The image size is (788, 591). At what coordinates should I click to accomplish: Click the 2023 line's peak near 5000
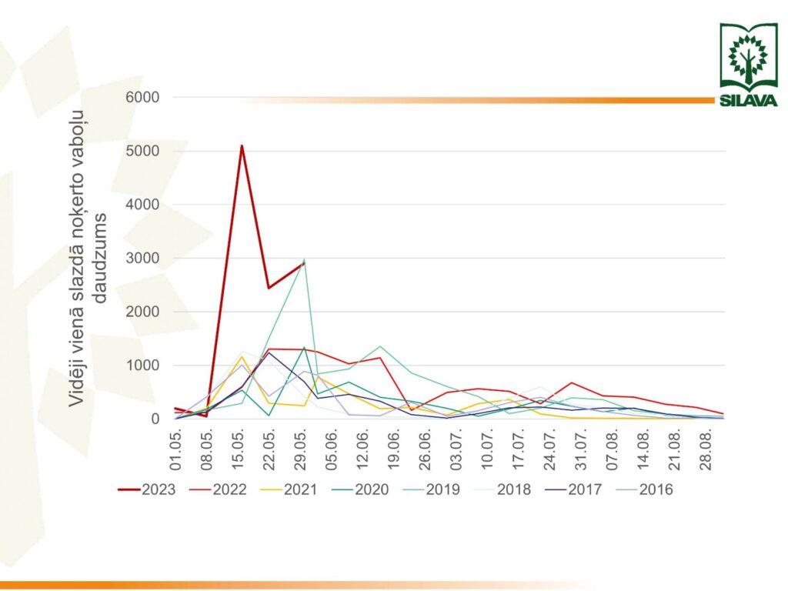click(242, 145)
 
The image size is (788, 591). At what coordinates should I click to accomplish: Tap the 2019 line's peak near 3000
click(304, 260)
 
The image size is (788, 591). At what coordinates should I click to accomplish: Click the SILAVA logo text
click(748, 101)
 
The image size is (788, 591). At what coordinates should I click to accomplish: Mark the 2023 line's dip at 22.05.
click(269, 288)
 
